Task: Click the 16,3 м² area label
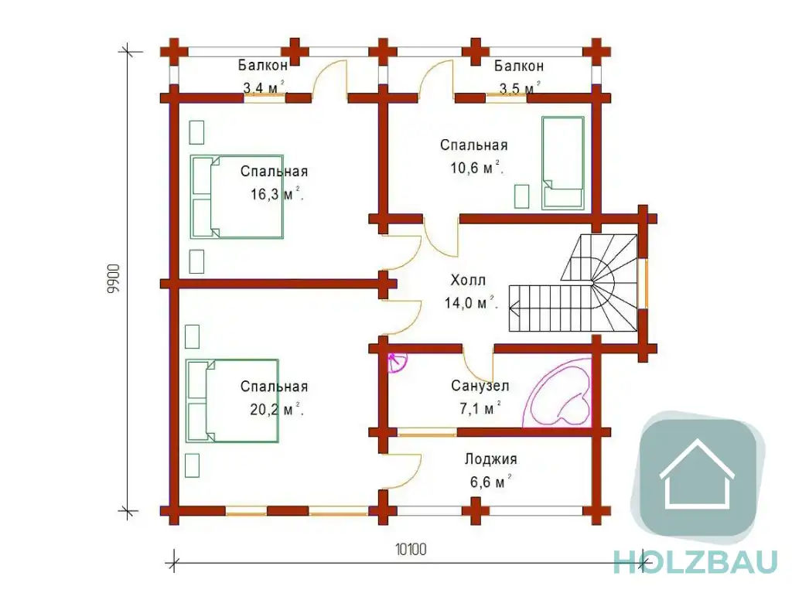pos(278,194)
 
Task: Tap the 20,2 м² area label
pos(277,409)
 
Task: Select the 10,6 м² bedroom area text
pos(476,167)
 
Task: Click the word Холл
pos(468,280)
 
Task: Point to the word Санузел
pos(480,387)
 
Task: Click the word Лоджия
pos(491,459)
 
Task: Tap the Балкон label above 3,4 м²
pos(263,65)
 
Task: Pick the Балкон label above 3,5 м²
pos(519,66)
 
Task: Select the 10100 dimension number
pos(411,549)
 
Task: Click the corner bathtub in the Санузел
pos(558,393)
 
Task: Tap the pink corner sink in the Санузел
pos(396,362)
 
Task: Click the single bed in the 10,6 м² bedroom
pos(563,162)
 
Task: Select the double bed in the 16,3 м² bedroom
pos(237,196)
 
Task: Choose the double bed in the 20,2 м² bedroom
pos(232,401)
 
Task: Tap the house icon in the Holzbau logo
pos(698,474)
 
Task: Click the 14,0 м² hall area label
pos(471,302)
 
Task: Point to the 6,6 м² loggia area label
pos(490,482)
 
